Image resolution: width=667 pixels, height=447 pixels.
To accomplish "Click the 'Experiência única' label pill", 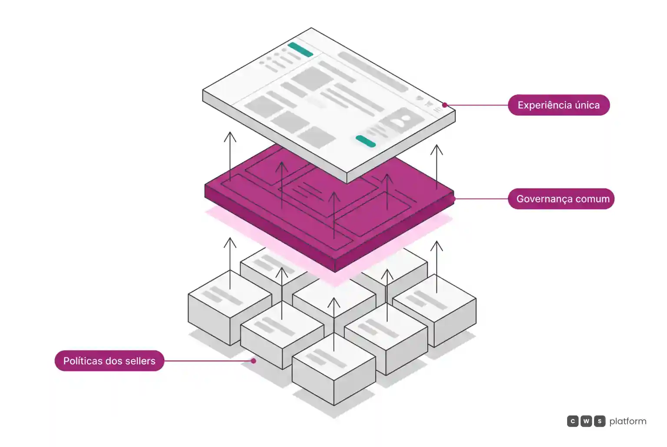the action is click(558, 105).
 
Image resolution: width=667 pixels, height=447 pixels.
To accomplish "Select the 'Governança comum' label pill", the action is click(561, 199).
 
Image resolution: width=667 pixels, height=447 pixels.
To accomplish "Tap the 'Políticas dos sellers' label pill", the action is click(109, 361).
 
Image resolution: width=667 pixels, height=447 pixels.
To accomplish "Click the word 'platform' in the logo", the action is click(627, 421).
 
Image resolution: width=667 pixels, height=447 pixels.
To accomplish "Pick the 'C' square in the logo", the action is click(573, 421).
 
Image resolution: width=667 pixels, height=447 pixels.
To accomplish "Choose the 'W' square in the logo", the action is click(586, 421).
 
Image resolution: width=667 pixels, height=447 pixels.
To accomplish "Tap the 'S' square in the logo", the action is click(599, 421).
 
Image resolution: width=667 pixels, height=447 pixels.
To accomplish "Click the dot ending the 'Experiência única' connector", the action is click(445, 105).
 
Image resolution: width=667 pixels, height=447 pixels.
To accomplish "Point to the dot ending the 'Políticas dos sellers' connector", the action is click(254, 361).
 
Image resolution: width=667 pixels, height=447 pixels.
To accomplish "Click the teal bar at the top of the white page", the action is click(300, 49).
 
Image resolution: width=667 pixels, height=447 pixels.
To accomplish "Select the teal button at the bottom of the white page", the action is click(366, 141).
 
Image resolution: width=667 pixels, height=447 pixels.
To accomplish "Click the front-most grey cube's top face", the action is click(334, 357).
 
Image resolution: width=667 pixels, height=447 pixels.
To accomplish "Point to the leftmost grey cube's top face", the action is click(230, 294).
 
